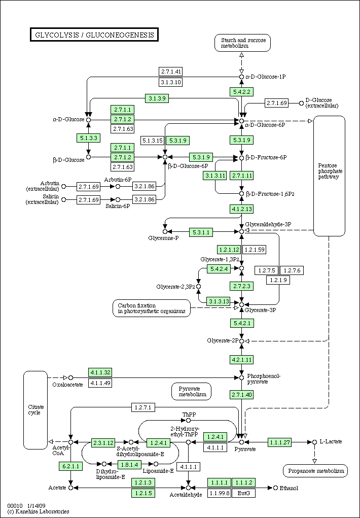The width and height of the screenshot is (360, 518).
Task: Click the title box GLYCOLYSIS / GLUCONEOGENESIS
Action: (x=94, y=35)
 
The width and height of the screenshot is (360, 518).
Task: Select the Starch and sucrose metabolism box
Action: (x=242, y=43)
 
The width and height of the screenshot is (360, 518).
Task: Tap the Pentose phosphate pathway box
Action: (x=330, y=176)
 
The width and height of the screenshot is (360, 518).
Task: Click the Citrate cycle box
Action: (x=35, y=409)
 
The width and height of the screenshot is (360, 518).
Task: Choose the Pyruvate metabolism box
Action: (x=192, y=391)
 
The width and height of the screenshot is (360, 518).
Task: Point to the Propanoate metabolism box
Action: (x=315, y=471)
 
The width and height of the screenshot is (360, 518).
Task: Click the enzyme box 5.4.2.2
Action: (x=242, y=91)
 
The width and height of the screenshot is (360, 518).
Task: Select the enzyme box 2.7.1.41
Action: (x=171, y=72)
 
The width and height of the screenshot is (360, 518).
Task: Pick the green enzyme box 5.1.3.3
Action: (x=88, y=137)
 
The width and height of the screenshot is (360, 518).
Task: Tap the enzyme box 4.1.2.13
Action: (x=242, y=209)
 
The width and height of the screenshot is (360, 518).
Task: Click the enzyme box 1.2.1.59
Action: (x=255, y=249)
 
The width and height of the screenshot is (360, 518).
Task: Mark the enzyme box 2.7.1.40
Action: (x=242, y=394)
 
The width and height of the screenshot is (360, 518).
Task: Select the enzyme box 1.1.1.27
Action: (x=280, y=442)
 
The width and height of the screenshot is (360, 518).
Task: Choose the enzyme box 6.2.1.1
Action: (x=71, y=466)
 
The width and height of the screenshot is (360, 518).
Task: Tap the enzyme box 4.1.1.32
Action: (x=100, y=372)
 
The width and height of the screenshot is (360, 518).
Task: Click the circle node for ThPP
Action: (x=188, y=420)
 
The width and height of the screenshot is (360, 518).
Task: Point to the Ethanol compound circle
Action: (x=275, y=488)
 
